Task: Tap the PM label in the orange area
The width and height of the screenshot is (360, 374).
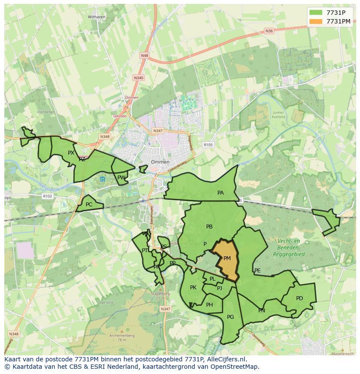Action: [x=227, y=258]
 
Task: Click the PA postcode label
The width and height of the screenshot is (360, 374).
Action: [x=220, y=193]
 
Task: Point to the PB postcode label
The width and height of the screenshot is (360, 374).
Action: [x=209, y=226]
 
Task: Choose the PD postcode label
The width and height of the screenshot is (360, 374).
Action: [x=299, y=298]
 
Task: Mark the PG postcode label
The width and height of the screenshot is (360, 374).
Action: [x=230, y=317]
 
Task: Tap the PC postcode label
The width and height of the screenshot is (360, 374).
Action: [x=89, y=205]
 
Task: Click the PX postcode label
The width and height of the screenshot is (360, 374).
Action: [x=71, y=152]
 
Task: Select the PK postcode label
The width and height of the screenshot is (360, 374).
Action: [x=193, y=288]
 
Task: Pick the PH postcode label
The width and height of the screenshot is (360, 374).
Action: [x=210, y=305]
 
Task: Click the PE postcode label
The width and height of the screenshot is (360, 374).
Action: [x=257, y=271]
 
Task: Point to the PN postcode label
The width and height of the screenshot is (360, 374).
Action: [x=262, y=311]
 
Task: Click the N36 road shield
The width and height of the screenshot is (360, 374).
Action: [x=269, y=31]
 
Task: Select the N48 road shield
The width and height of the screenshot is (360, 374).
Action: [x=144, y=56]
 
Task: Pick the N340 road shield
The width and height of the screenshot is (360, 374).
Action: [x=138, y=77]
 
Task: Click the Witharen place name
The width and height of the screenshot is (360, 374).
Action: [x=97, y=17]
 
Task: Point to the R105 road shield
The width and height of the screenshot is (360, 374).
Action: [x=208, y=145]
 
